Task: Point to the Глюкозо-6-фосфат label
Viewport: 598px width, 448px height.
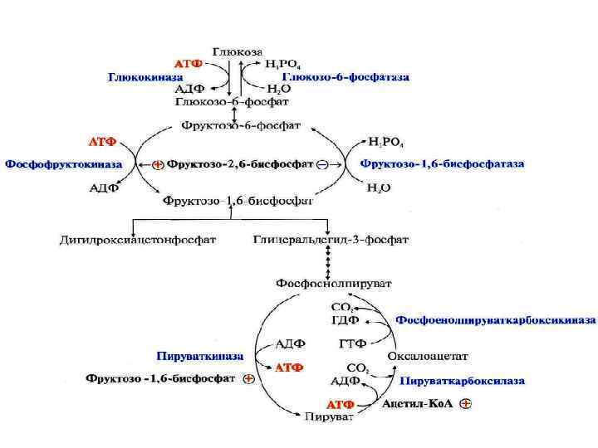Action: point(232,102)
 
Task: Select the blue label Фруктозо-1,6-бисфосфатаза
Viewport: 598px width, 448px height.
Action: point(442,164)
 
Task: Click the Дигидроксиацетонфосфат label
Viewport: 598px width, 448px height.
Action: point(138,241)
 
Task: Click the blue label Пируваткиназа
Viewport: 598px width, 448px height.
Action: point(199,356)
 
